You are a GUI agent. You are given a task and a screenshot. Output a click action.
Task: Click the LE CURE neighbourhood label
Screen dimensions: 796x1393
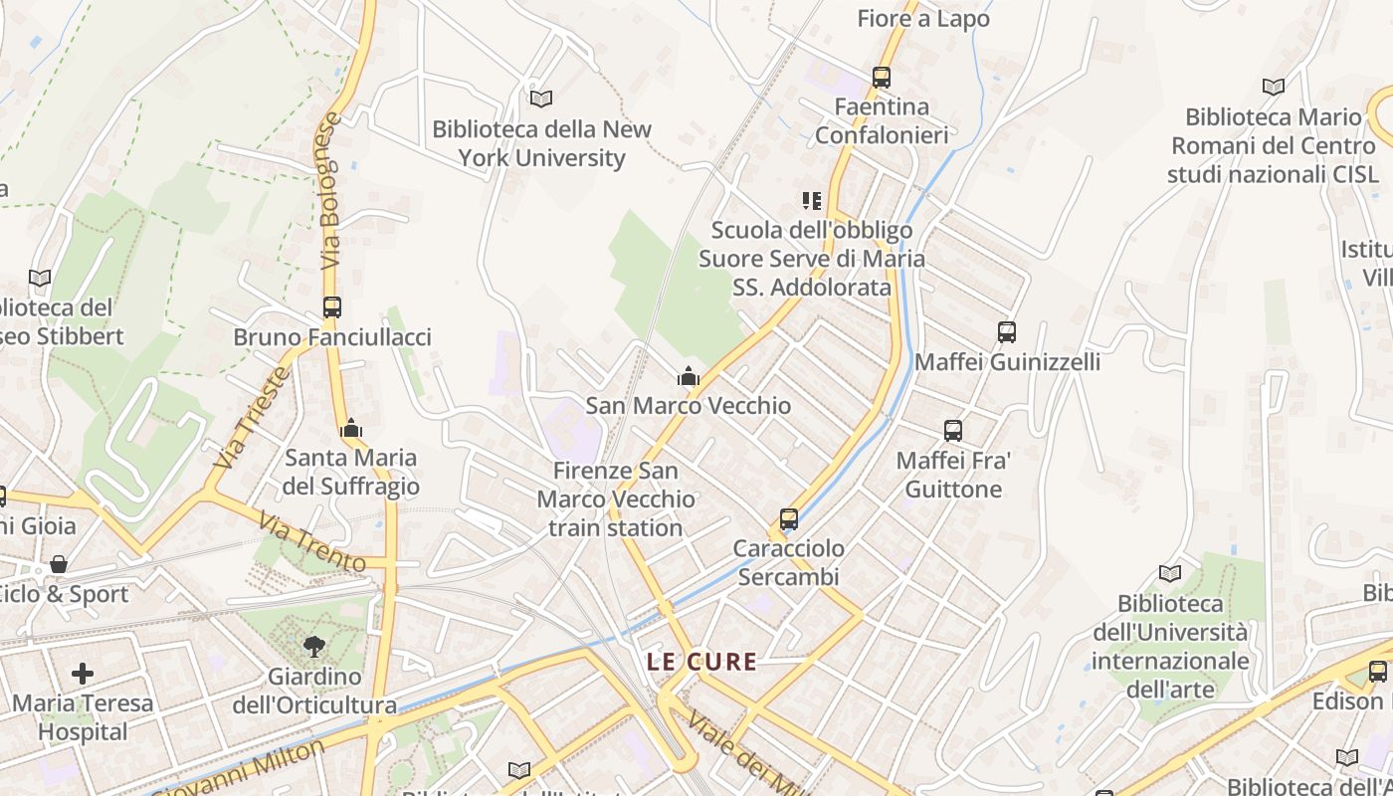pos(701,662)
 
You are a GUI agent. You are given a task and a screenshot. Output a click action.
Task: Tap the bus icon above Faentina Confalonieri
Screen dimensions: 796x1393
pos(881,77)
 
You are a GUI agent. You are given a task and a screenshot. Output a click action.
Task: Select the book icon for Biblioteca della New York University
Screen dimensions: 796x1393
pos(540,99)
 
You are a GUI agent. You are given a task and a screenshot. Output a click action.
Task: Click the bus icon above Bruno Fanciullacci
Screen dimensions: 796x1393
pos(332,307)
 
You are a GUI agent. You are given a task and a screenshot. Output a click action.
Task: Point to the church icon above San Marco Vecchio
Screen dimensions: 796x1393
pos(688,376)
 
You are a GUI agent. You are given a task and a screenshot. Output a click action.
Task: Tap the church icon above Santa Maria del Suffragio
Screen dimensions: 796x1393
pos(350,429)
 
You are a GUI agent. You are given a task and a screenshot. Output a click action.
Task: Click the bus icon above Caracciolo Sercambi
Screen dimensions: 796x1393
pos(789,518)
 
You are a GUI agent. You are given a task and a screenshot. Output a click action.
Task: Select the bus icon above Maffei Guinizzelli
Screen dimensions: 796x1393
pos(1007,331)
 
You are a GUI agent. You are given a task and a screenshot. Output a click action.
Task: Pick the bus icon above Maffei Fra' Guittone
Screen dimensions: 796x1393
pos(953,431)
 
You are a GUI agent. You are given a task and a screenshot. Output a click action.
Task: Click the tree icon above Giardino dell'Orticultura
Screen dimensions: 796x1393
pos(314,647)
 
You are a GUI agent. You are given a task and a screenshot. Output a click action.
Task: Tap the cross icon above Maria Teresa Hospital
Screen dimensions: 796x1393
pos(83,674)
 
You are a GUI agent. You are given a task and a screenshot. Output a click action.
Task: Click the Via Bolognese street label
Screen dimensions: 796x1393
pos(331,191)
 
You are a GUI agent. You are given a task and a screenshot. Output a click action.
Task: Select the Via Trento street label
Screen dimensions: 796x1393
pos(311,541)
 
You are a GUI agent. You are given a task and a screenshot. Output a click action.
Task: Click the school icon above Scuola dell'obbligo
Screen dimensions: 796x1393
pos(812,201)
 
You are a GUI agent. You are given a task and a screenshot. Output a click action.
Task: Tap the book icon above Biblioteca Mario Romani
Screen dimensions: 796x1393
pos(1273,88)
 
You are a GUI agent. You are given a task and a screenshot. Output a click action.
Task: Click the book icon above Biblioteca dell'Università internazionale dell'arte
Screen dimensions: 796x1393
pos(1170,573)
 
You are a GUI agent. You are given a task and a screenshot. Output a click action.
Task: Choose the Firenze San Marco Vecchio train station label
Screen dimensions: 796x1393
pos(616,498)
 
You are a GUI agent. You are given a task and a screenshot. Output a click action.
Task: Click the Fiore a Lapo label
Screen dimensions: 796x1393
pos(923,18)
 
